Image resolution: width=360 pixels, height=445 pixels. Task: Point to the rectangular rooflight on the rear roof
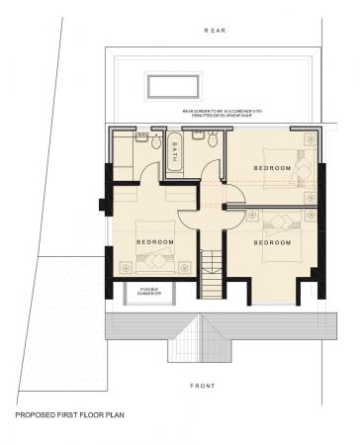click(170, 86)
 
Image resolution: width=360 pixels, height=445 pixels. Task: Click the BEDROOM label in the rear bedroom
click(273, 168)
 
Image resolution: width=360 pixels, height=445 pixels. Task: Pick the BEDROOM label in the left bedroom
click(155, 242)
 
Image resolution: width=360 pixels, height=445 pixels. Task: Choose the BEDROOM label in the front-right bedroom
click(273, 242)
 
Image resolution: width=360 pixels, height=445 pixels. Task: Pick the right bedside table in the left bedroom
click(186, 265)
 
